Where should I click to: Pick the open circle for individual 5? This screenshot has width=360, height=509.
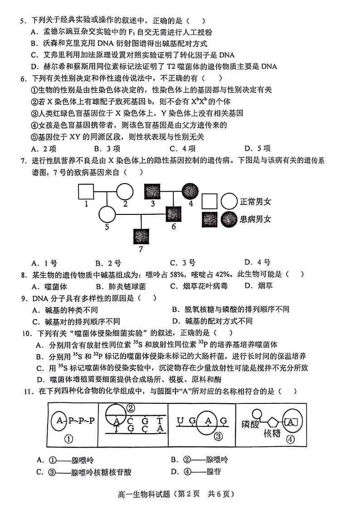coord(107,213)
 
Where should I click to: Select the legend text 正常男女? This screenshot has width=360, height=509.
coord(255,201)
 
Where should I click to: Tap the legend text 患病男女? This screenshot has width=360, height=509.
coord(255,220)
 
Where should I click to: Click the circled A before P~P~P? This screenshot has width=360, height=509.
coord(60,420)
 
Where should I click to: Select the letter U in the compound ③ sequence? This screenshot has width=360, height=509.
coord(180,421)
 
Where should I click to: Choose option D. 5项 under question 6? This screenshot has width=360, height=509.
coord(257,148)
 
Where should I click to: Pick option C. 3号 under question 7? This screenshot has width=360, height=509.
coord(182,262)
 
